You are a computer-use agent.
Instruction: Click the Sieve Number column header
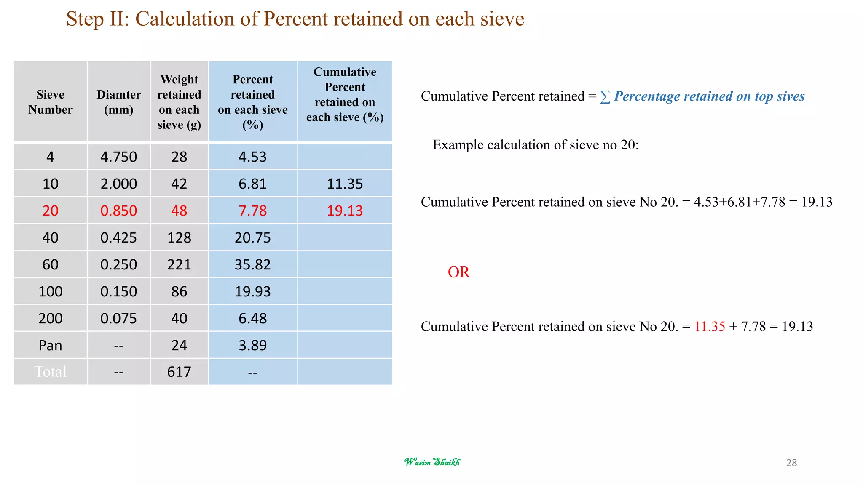pos(51,102)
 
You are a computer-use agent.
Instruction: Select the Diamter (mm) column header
pos(119,102)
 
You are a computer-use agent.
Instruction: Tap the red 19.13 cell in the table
pos(345,211)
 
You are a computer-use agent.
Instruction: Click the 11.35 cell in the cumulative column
pos(345,184)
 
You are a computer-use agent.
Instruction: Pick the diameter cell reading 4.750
pos(119,157)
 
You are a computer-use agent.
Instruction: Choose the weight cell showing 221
pos(179,264)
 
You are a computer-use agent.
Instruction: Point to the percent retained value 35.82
pos(253,264)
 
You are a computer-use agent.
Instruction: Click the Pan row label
pos(51,345)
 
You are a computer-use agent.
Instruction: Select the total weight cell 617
pos(179,372)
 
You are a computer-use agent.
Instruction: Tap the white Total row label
pos(51,372)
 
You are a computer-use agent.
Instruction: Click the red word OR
pos(458,272)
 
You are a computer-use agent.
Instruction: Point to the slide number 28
pos(791,463)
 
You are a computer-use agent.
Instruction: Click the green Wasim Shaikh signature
pos(432,462)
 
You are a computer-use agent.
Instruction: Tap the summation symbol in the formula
pos(605,97)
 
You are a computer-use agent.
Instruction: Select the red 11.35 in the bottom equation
pos(710,326)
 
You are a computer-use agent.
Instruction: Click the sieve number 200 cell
pos(51,318)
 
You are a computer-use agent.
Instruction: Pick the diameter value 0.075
pos(119,318)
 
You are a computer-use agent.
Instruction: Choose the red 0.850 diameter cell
pos(119,211)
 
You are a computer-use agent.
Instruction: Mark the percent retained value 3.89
pos(253,345)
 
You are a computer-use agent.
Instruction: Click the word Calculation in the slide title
pos(185,19)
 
